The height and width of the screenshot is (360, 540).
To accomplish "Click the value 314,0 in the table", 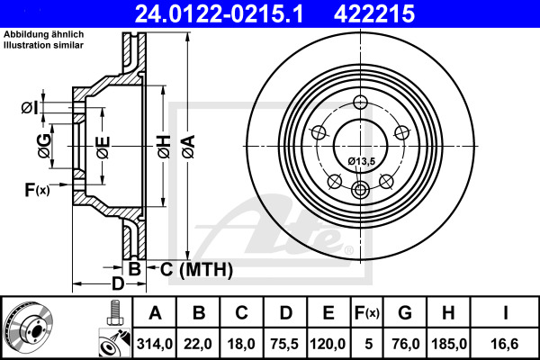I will coord(155,342).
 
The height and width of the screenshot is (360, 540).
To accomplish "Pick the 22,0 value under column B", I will coord(199,342).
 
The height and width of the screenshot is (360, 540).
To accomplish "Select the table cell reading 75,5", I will coord(286,342).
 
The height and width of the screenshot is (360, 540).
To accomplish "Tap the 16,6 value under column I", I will coord(505,342).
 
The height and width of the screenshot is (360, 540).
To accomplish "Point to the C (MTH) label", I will coord(190,268).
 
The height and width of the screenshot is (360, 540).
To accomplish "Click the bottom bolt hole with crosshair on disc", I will coord(361,189).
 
